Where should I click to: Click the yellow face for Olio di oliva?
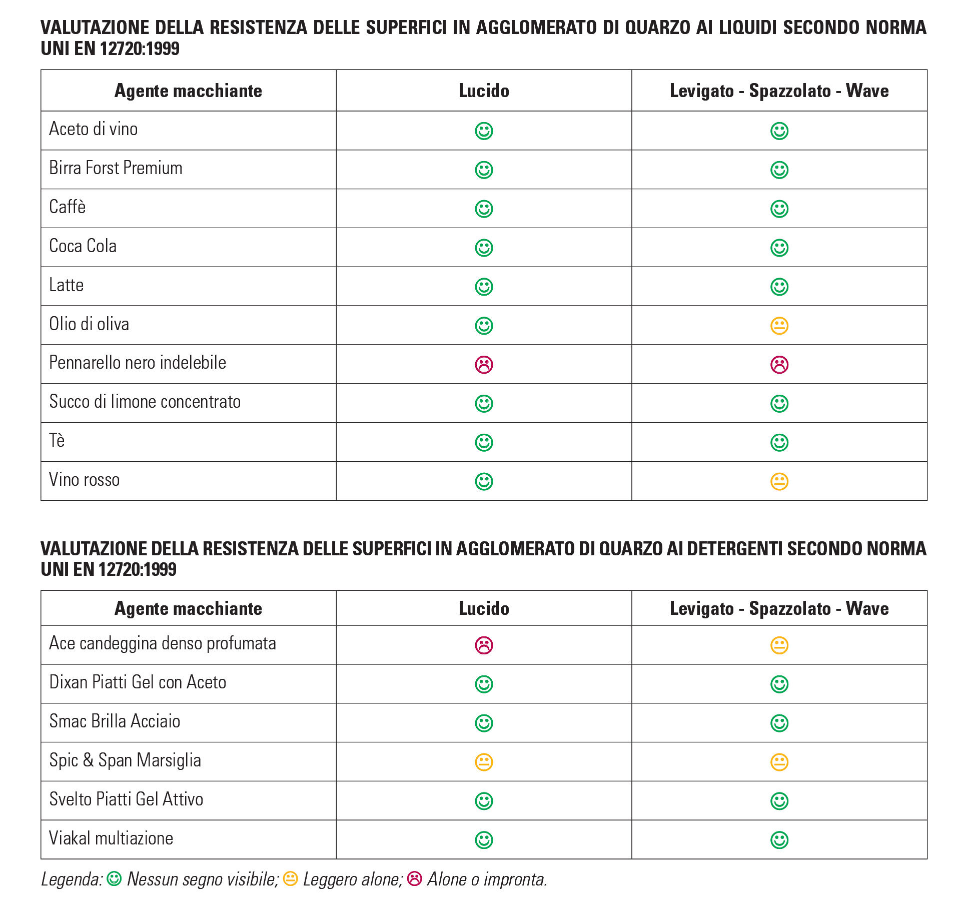(x=779, y=326)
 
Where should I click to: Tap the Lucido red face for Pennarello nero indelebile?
(x=484, y=365)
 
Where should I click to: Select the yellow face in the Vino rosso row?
(x=779, y=481)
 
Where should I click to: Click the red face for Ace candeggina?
(x=484, y=645)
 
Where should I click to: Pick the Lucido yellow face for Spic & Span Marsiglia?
(x=484, y=762)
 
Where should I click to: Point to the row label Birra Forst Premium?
(x=116, y=168)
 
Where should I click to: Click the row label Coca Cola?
(x=83, y=246)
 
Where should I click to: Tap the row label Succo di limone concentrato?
(x=145, y=402)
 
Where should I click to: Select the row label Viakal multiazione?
(x=111, y=838)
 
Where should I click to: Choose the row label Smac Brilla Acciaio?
(x=115, y=721)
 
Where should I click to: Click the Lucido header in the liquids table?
(x=484, y=91)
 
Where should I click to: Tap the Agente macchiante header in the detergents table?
(x=188, y=608)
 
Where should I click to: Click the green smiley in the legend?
(x=114, y=878)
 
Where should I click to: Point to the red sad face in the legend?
(x=415, y=878)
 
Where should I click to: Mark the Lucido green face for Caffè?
(x=484, y=209)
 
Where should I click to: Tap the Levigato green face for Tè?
(x=779, y=442)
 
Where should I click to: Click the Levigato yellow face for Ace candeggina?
(x=779, y=645)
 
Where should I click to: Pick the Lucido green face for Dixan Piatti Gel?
(x=484, y=684)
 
